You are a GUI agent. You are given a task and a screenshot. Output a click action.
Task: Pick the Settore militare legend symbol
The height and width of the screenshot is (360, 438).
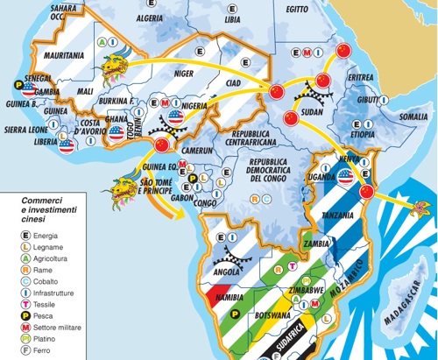tap(26, 328)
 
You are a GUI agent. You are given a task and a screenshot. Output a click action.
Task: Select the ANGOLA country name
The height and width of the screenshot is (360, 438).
tap(223, 272)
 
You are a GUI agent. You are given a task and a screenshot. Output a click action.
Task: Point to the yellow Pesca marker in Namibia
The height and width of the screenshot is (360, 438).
tap(232, 312)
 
